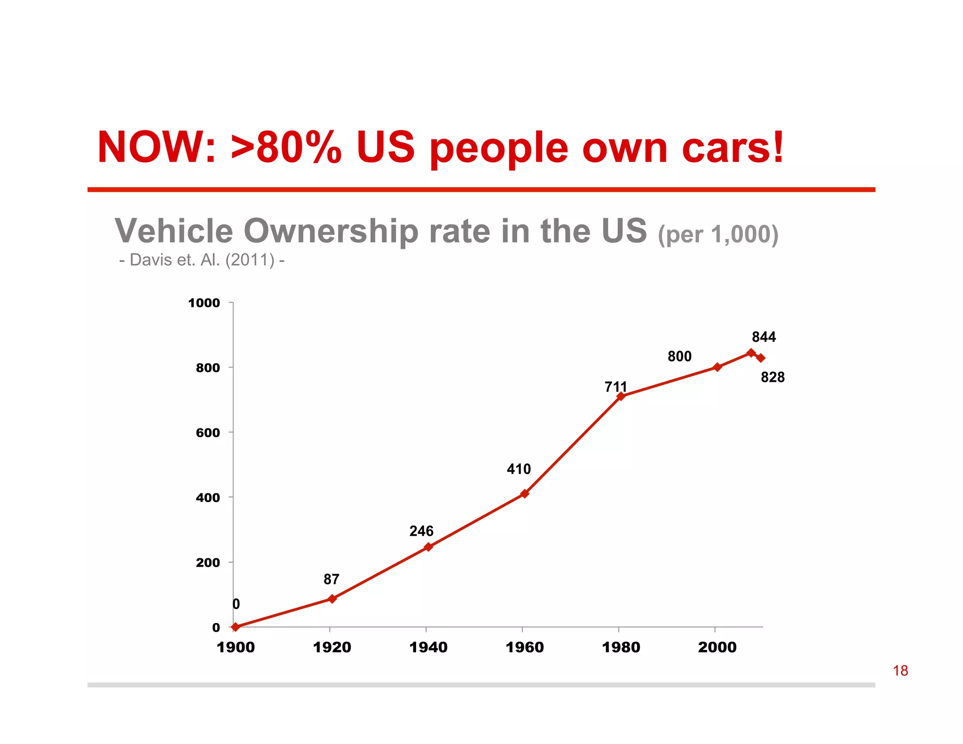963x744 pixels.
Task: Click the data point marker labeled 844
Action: point(751,353)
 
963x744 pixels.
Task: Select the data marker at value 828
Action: point(761,358)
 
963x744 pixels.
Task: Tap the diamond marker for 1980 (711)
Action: point(621,396)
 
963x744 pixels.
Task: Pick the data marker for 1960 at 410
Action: point(525,493)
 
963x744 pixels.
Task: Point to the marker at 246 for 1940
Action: point(428,546)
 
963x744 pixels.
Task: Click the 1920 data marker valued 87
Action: point(332,599)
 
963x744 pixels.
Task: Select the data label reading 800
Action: point(679,356)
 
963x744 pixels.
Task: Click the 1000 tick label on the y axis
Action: point(204,303)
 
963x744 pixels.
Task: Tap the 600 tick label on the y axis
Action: point(208,433)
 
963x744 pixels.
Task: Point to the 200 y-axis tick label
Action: point(208,562)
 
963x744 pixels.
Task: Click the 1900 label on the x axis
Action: point(236,647)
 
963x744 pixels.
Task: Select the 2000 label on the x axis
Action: point(717,647)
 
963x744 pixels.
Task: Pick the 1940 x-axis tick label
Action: point(428,647)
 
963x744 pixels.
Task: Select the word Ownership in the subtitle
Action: point(331,231)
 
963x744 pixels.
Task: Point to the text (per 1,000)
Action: point(718,234)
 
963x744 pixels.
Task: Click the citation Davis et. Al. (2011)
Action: point(202,260)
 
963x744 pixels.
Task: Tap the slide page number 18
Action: point(900,671)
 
